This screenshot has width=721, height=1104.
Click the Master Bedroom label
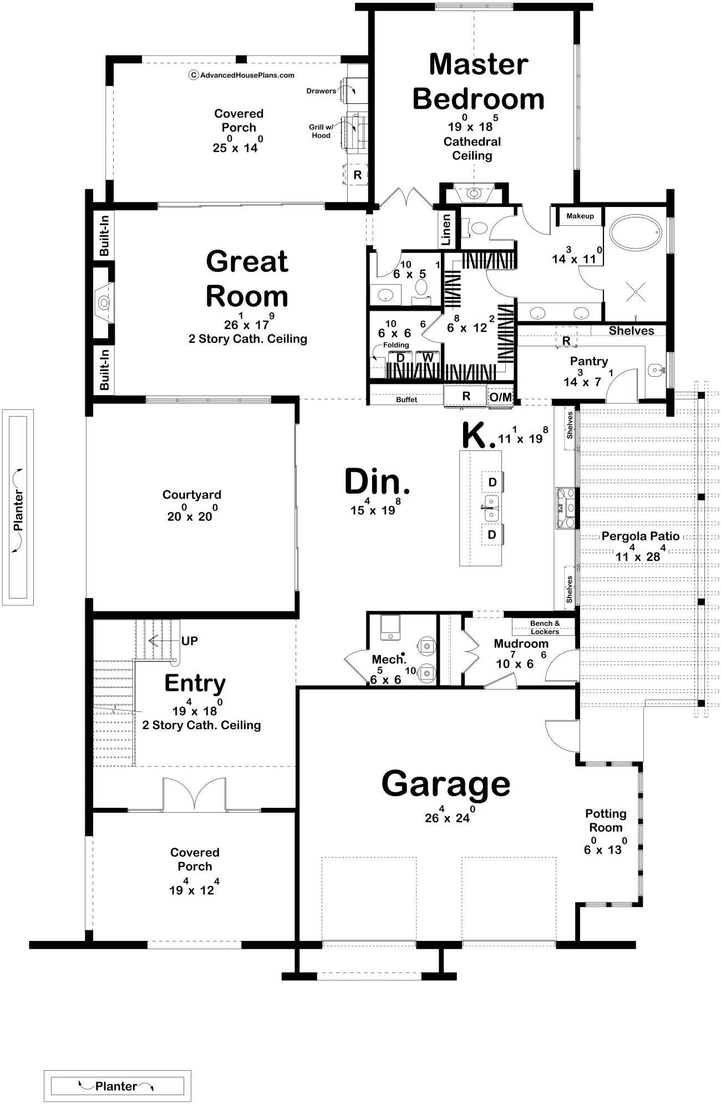pos(478,82)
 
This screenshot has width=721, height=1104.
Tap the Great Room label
pos(247,278)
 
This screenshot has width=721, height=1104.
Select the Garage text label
pos(445,783)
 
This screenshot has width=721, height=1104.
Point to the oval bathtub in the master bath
pos(635,234)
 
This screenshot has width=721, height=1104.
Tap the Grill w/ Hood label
pos(321,131)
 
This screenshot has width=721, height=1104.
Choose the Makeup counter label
pos(580,216)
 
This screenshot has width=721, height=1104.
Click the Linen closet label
pos(446,230)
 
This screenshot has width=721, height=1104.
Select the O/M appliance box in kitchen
pos(500,397)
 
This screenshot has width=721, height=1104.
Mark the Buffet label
pos(406,399)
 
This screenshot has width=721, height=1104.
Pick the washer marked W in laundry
pos(428,358)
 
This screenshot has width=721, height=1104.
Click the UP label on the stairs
pos(189,641)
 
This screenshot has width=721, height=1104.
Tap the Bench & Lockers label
pos(545,627)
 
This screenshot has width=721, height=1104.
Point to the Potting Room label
pos(606,821)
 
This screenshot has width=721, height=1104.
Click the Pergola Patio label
pos(640,536)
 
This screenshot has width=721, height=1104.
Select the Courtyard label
pos(191,494)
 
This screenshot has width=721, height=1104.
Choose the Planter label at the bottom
pos(116,1086)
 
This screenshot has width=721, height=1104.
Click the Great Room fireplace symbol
pos(104,303)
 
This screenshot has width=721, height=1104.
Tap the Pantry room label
pos(588,361)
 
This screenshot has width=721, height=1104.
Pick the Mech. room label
pos(388,659)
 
